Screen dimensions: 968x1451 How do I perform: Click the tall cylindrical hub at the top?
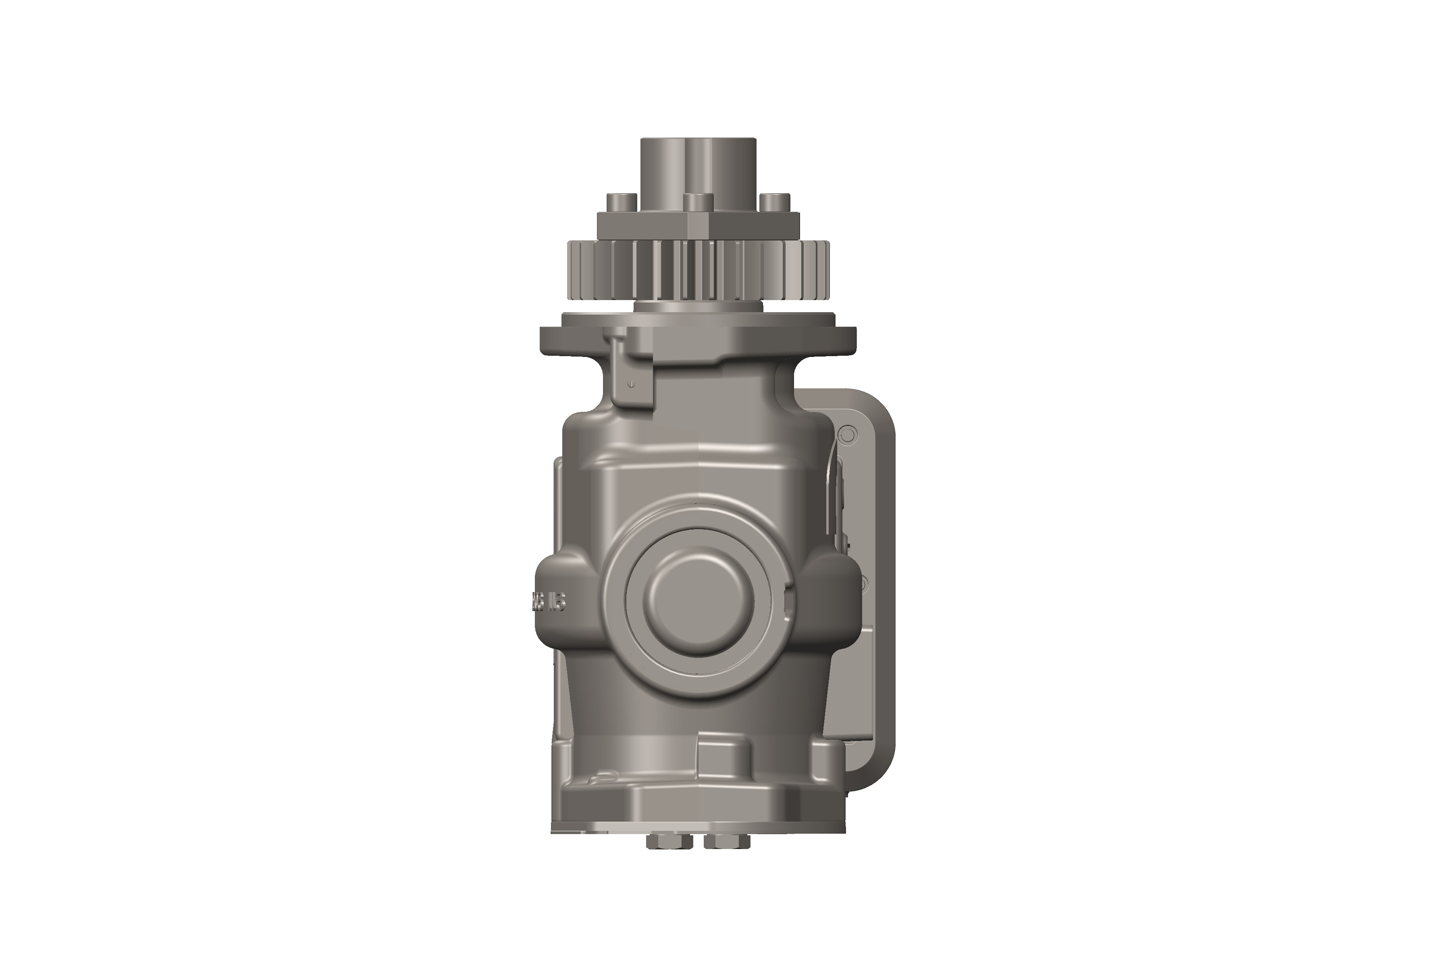tap(698, 167)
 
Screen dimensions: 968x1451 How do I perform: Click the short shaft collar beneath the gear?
tap(698, 307)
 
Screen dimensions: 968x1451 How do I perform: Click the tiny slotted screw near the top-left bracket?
tap(630, 384)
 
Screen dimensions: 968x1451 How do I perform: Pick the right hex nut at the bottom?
tap(726, 841)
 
